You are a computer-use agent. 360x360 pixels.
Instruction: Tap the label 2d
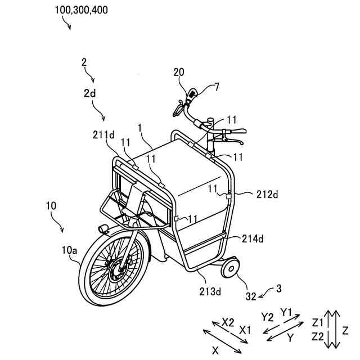tap(90, 94)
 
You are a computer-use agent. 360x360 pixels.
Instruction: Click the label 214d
tap(253, 238)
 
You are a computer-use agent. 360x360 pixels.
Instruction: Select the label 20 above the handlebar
tap(179, 71)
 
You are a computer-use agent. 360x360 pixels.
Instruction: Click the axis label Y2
tap(267, 316)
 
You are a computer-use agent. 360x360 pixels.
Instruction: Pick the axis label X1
tap(245, 329)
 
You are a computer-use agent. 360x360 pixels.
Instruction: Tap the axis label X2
tap(227, 322)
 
